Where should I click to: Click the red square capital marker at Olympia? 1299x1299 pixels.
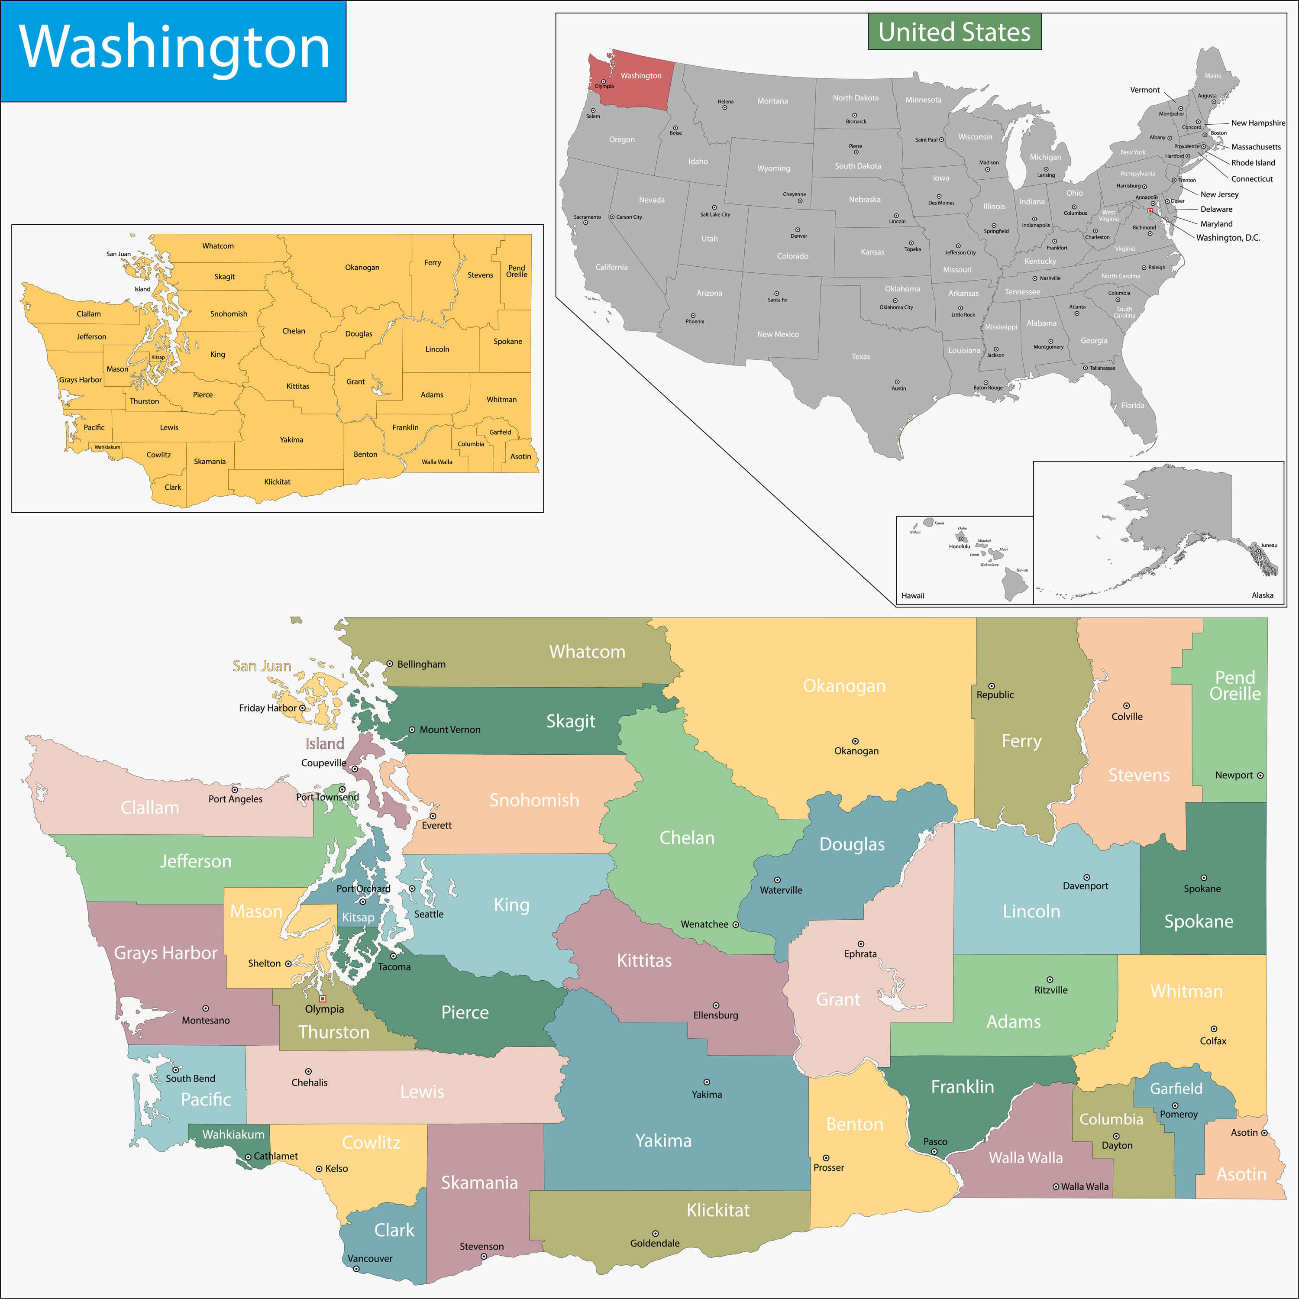point(323,998)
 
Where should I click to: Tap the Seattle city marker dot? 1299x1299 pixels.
point(412,888)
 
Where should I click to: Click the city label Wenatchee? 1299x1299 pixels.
point(704,924)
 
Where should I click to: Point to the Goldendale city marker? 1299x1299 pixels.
point(655,1233)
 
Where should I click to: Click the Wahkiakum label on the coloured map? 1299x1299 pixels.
point(233,1134)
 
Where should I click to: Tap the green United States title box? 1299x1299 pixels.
point(954,32)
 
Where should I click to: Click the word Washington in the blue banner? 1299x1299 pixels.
point(174,47)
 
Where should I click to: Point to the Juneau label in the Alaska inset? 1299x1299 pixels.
point(1269,545)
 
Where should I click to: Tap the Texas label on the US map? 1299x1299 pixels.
point(861,356)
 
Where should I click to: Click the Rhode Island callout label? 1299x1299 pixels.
point(1253,163)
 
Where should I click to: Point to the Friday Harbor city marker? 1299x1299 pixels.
point(302,708)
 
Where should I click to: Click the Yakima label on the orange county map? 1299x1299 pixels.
point(291,440)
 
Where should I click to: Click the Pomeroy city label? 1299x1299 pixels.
point(1179,1114)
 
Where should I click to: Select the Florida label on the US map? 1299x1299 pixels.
point(1132,405)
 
